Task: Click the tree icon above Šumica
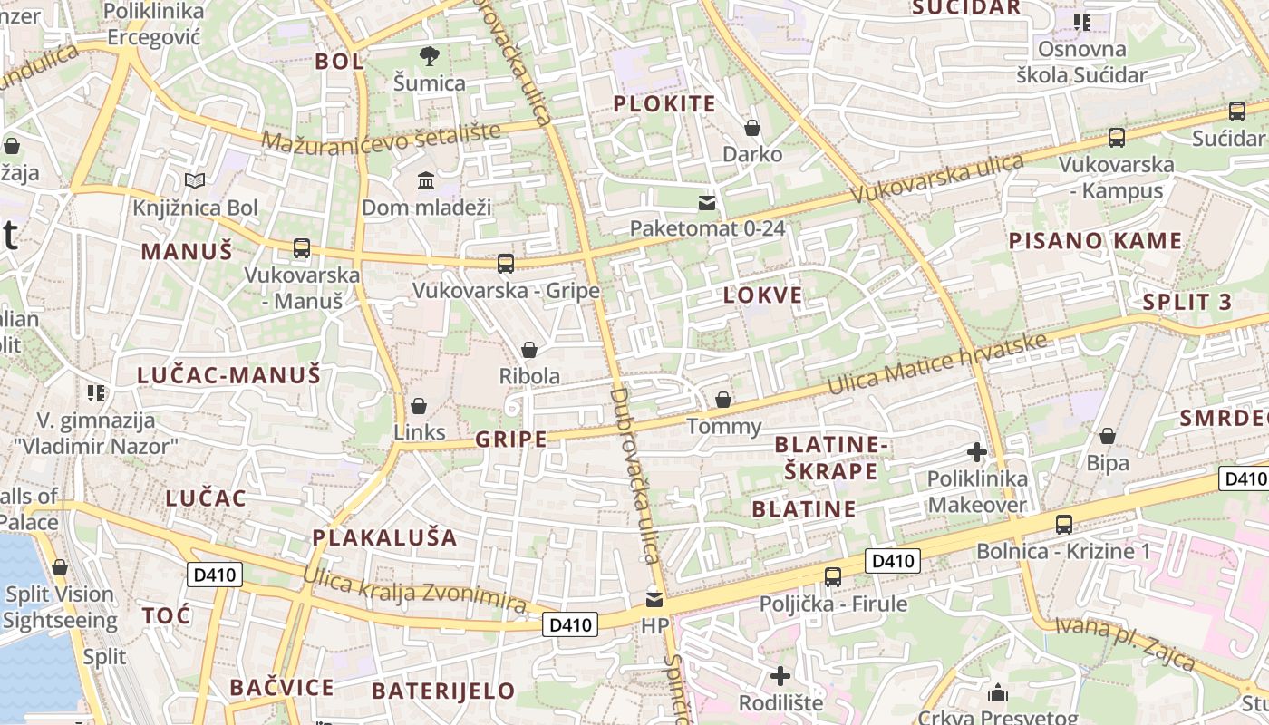coord(429,56)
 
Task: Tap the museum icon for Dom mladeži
coord(426,180)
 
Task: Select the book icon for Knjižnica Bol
coord(195,180)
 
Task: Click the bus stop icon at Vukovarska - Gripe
coord(506,263)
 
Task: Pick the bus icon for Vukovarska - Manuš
coord(302,247)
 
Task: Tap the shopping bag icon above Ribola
coord(529,349)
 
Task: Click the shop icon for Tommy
coord(723,399)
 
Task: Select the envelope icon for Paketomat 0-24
coord(707,202)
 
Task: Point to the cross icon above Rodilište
coord(780,675)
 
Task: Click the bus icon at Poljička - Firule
coord(832,576)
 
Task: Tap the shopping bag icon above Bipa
coord(1107,436)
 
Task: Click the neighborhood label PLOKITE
coord(664,103)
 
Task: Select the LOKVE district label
coord(762,295)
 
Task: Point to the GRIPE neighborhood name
coord(511,440)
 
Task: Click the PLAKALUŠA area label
coord(385,537)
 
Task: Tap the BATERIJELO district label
coord(443,691)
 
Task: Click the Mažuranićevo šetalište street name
coord(382,136)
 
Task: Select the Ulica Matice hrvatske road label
coord(939,366)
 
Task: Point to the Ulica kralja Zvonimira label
coord(414,591)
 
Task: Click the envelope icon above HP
coord(654,599)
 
